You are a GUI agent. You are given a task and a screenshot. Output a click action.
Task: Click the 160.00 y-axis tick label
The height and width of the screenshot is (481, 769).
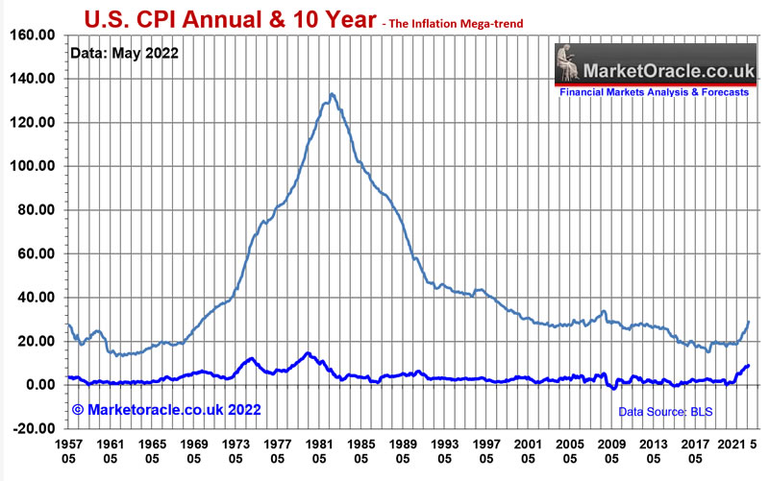[32, 35]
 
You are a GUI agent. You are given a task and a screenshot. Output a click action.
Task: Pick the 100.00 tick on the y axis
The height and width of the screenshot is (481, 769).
[32, 166]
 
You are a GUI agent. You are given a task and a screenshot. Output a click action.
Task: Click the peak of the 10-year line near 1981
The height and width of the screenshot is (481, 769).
[332, 94]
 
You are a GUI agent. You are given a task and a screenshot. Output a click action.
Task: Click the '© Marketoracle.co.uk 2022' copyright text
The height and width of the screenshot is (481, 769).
[165, 410]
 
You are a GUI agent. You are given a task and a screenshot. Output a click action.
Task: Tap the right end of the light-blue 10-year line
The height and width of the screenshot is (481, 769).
[748, 323]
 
